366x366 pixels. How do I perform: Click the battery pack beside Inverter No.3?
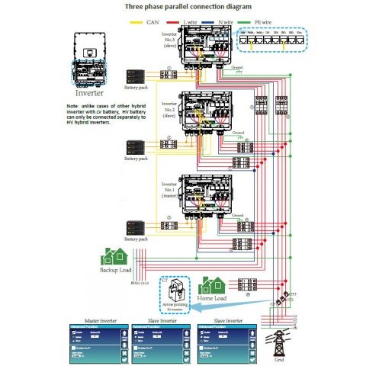pyautogui.click(x=137, y=77)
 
